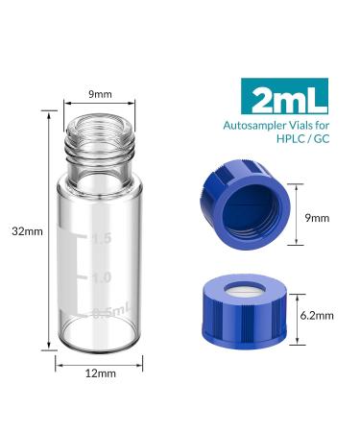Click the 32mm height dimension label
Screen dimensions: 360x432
tap(27, 231)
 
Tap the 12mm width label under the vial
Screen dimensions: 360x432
tap(101, 373)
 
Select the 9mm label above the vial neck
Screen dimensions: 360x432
tap(100, 94)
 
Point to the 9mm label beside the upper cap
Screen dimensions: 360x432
tap(317, 218)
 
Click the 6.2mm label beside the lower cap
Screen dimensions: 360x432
tap(317, 316)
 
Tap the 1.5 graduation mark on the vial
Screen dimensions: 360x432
tap(102, 239)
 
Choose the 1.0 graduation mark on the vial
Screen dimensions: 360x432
tap(102, 277)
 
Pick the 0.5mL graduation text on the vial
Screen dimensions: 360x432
tap(111, 310)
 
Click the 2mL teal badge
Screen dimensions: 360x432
tap(285, 96)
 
